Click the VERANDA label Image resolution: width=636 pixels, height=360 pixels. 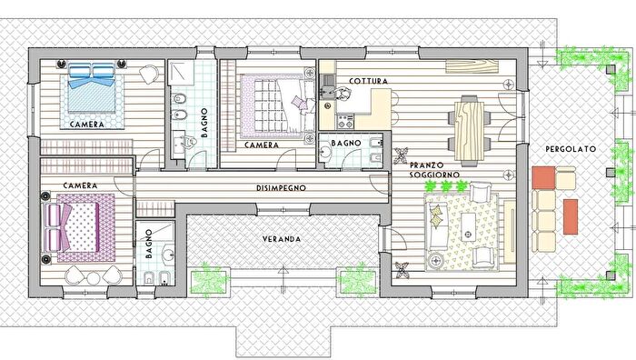tap(282, 239)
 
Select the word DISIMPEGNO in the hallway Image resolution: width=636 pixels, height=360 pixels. tap(281, 188)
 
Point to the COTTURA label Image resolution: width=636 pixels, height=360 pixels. tap(368, 81)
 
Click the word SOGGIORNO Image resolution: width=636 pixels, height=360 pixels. tap(434, 175)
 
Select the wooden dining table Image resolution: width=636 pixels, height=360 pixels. tap(470, 131)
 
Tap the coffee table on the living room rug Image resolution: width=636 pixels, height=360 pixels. tap(469, 227)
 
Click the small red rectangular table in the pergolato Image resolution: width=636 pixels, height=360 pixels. tap(571, 216)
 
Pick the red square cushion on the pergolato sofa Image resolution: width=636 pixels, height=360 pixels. tap(543, 178)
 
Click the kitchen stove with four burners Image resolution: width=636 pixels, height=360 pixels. tap(345, 121)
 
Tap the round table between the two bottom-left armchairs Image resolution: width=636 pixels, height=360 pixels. tap(94, 278)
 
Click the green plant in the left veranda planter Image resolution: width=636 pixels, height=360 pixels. tap(209, 279)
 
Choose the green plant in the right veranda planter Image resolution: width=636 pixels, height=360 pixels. tap(358, 280)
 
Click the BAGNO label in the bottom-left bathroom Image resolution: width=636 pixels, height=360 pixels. tap(149, 244)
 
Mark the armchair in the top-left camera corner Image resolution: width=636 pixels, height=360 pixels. tap(149, 75)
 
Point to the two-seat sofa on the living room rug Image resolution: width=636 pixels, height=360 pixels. tap(436, 226)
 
